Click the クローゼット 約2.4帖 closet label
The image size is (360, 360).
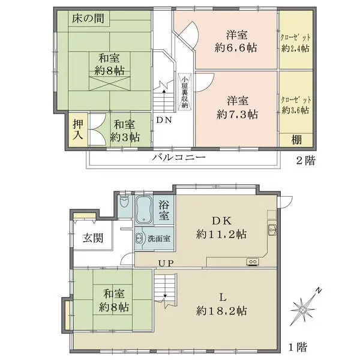coord(295,43)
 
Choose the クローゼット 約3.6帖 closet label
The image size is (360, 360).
coord(295,105)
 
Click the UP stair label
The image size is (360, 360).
coord(166,262)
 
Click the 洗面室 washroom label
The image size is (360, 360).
coord(159,238)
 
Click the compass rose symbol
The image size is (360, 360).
coord(305,309)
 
